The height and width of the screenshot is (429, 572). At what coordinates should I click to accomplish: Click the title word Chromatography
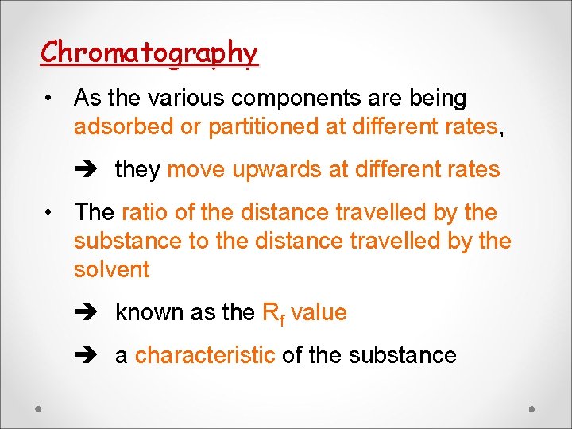[x=149, y=53]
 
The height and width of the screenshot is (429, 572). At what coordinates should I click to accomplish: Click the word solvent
[x=111, y=270]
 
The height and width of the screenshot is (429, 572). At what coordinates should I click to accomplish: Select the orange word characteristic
[x=205, y=356]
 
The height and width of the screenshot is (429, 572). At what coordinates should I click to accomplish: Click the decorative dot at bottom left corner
[x=38, y=408]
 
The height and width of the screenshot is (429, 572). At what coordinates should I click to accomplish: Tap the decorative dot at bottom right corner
[x=532, y=408]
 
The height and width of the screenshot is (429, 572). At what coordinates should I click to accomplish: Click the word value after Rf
[x=319, y=313]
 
